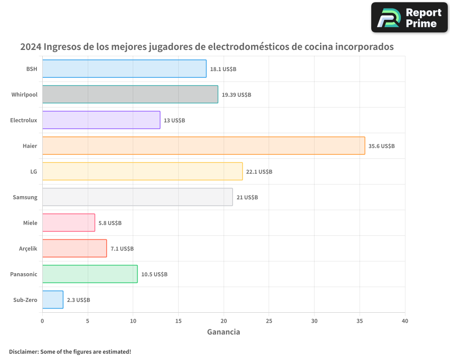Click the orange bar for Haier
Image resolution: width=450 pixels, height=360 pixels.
point(203,146)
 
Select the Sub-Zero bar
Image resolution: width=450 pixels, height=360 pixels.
point(53,300)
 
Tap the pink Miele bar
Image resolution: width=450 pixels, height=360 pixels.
point(68,223)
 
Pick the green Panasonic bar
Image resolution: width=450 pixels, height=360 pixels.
point(90,274)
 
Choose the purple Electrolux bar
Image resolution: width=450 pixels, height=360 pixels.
point(101,120)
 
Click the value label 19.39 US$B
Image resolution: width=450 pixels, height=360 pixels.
point(236,95)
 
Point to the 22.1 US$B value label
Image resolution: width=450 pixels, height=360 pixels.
point(259,172)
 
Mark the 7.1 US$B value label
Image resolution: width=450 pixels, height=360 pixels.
point(122,249)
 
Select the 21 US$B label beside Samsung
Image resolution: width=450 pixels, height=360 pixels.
point(247,198)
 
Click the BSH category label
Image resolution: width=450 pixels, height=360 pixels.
point(31,69)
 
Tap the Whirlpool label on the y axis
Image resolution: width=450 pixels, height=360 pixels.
point(24,94)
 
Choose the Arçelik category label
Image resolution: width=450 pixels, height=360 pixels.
point(28,248)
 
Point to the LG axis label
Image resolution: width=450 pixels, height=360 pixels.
point(34,171)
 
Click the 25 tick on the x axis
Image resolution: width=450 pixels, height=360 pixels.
point(269,321)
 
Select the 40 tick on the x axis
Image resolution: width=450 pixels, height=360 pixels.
point(405,321)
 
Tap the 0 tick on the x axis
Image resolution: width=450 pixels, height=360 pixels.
point(42,321)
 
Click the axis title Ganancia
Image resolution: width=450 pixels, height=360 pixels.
point(224,332)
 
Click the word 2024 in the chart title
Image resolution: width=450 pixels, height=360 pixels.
point(31,47)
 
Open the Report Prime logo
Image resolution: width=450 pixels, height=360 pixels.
point(409,18)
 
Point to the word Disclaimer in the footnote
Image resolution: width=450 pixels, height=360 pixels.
point(23,351)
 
